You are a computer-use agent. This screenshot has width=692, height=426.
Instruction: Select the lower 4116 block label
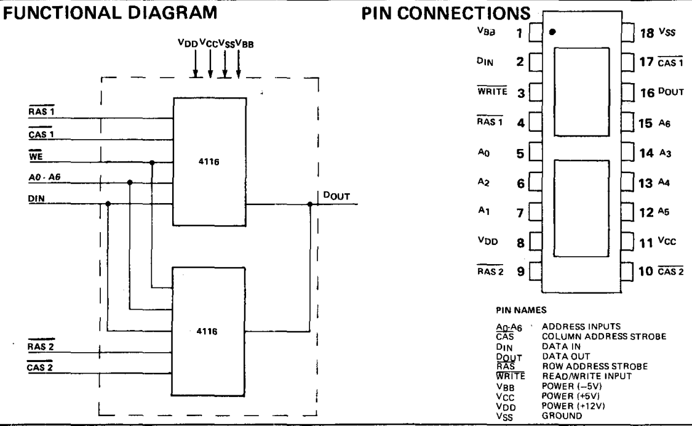[x=208, y=331]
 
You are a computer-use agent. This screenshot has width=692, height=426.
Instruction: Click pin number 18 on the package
[x=648, y=33]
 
